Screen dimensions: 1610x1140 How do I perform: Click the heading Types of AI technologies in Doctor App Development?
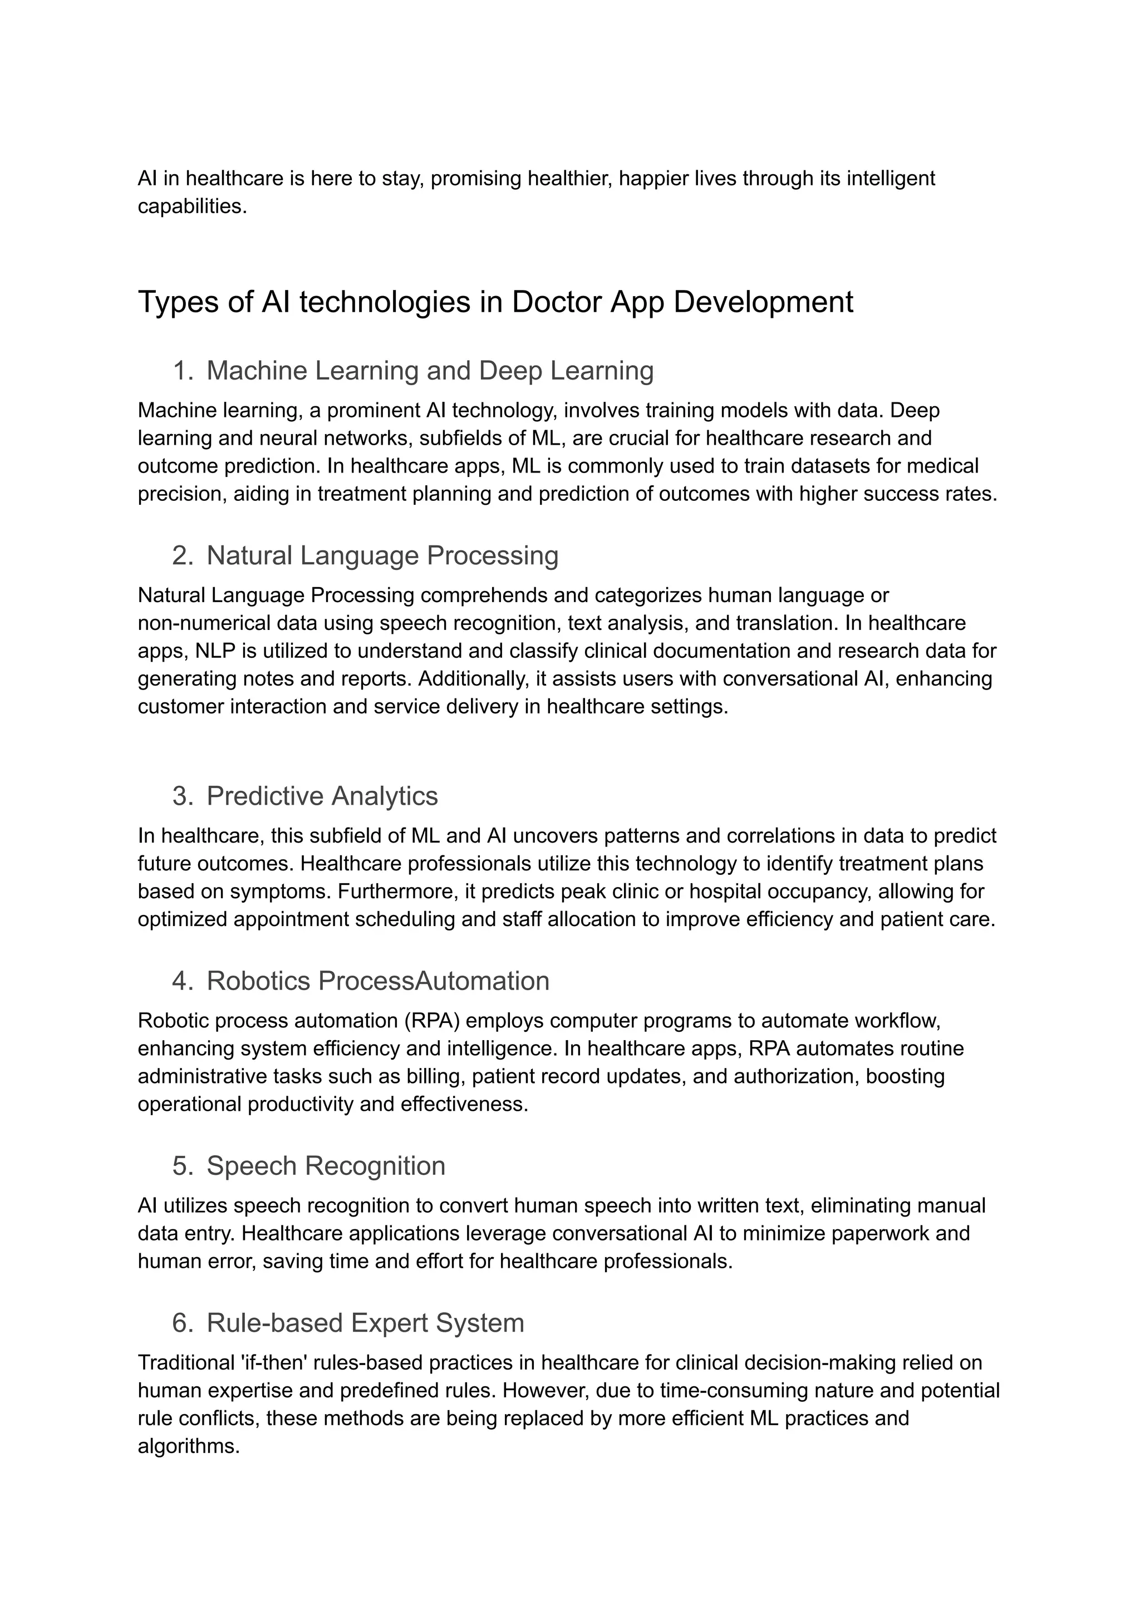(x=495, y=303)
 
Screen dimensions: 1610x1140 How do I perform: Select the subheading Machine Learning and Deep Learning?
(x=430, y=371)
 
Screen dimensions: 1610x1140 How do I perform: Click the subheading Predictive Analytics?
(x=322, y=796)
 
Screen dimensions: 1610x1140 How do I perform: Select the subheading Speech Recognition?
(x=326, y=1166)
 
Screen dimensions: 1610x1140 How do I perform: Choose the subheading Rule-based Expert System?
(x=365, y=1323)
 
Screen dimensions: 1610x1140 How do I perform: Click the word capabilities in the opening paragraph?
(x=191, y=206)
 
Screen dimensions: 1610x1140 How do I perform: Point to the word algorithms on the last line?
(x=188, y=1446)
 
